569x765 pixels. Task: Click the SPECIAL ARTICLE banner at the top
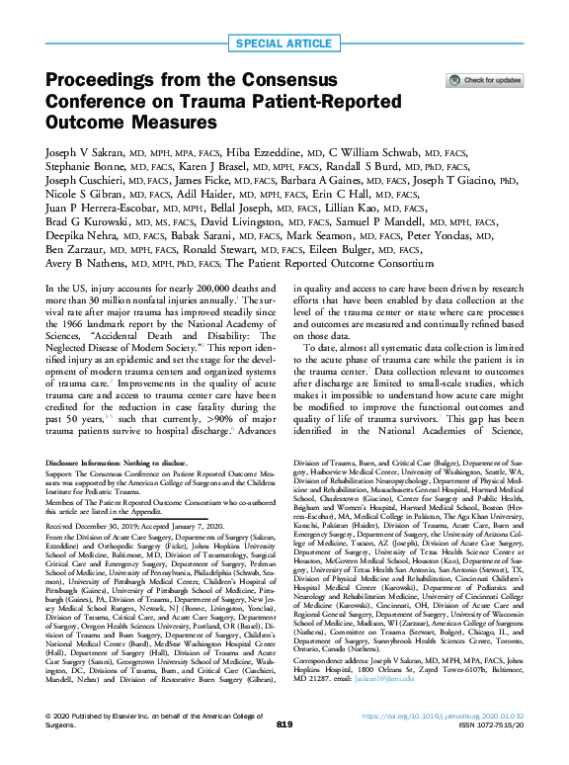click(284, 44)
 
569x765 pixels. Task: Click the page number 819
click(284, 751)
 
